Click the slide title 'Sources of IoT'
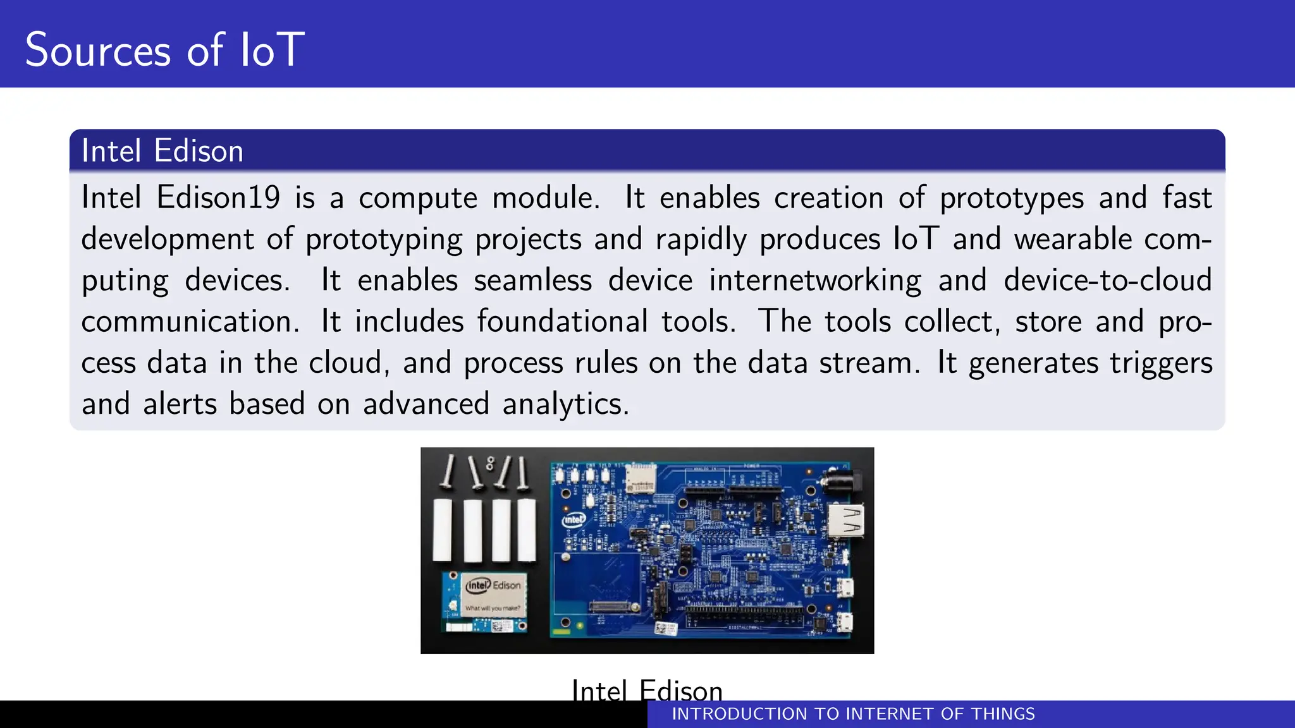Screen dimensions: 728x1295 click(164, 49)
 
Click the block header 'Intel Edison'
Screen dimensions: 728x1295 click(163, 151)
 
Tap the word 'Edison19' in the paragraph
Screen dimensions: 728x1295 click(218, 197)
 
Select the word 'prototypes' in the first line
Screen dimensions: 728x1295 click(1012, 198)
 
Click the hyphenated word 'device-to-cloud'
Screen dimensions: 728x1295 click(1107, 280)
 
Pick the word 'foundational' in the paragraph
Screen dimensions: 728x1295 click(562, 321)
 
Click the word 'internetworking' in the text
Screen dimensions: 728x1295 click(815, 281)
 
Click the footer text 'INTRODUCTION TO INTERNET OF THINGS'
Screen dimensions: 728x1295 click(853, 714)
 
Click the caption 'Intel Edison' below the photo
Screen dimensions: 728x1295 click(646, 689)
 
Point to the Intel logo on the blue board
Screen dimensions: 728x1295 click(574, 519)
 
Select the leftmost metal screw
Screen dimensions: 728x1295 click(448, 471)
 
